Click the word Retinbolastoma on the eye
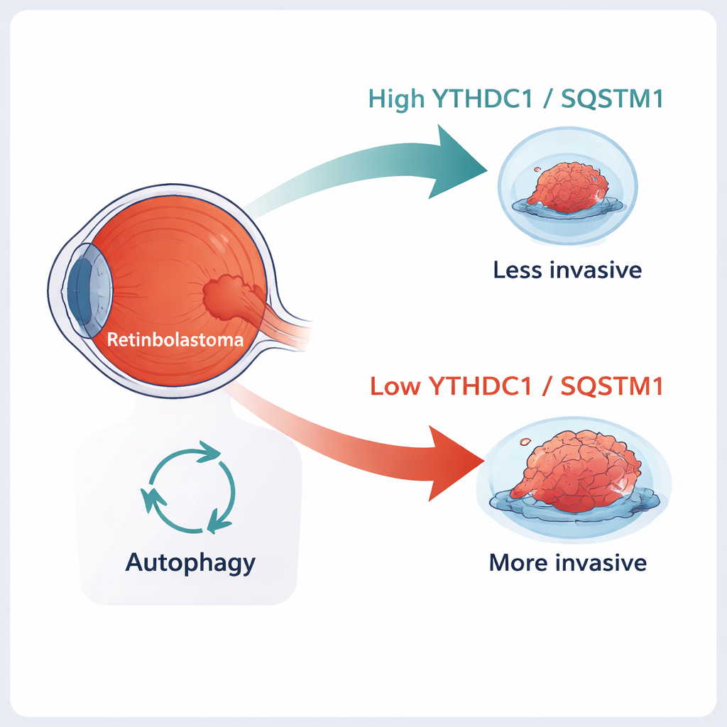point(175,339)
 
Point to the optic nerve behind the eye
point(288,327)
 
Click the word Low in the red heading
point(396,387)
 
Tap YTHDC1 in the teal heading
point(483,99)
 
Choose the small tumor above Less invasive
point(568,188)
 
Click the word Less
point(516,270)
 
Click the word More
point(518,563)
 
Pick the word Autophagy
point(190,563)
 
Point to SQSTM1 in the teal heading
point(611,99)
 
